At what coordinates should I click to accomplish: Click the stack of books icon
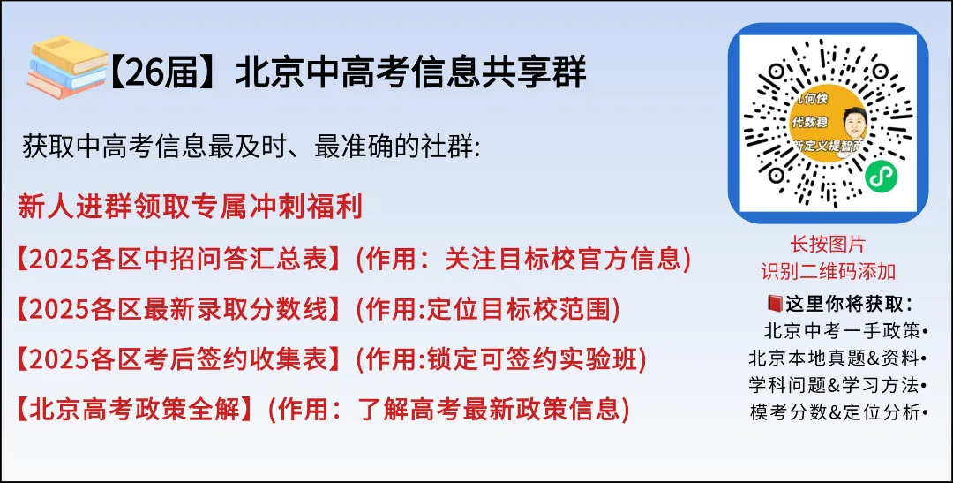click(67, 65)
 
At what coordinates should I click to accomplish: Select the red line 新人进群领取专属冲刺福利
click(190, 208)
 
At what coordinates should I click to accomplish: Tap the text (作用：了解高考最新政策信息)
click(449, 410)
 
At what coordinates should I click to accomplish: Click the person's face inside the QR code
click(853, 125)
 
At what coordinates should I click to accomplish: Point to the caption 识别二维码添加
click(828, 270)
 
